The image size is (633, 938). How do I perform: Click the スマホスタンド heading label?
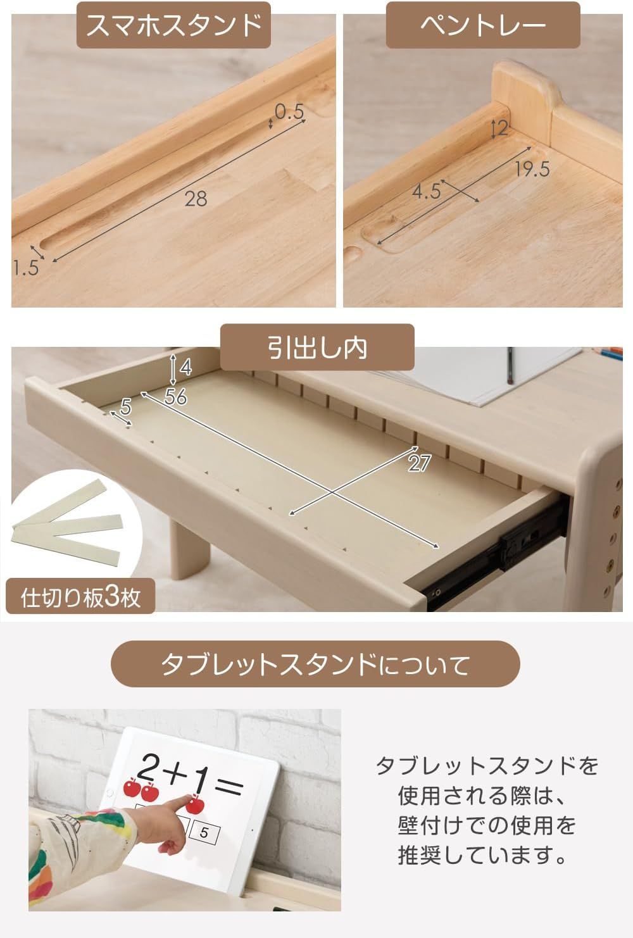tap(173, 25)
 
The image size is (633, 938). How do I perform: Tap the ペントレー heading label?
tap(483, 25)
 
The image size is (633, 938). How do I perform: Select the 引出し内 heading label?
tap(316, 347)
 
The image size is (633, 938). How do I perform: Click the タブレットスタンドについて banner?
tap(315, 665)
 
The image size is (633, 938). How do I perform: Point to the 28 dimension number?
tap(196, 199)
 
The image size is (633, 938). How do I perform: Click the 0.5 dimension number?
tap(289, 112)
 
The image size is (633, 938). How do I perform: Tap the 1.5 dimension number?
tap(25, 268)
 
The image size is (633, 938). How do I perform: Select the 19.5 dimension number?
tap(532, 170)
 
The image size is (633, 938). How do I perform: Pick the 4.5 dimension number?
tap(426, 191)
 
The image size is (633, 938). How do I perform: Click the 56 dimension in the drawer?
tap(175, 397)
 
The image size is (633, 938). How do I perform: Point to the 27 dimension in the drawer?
tap(419, 463)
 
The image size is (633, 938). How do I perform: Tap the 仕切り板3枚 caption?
tap(81, 597)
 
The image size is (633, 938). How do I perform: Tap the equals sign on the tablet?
tap(228, 787)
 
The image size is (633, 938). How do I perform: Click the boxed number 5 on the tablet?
tap(204, 832)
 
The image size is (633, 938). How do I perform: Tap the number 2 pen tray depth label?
tap(503, 128)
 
